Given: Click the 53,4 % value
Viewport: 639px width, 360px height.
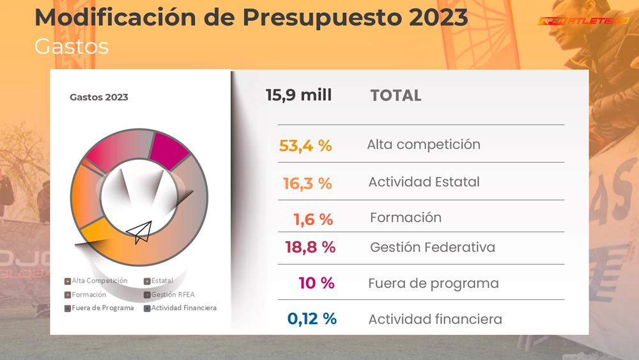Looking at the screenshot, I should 305,146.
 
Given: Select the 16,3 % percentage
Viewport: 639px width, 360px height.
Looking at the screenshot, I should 307,184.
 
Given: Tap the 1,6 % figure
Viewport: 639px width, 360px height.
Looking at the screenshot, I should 313,219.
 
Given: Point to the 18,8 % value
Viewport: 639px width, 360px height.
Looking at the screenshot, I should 310,247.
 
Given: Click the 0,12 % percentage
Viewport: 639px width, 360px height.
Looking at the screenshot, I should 312,318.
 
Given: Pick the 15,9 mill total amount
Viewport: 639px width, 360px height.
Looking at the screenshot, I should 298,95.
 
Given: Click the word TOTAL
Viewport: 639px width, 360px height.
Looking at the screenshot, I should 396,96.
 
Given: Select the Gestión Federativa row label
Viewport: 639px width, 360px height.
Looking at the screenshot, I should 432,247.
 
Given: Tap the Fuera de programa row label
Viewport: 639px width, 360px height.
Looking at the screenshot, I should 433,283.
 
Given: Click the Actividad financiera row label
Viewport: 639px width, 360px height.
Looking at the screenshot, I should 435,319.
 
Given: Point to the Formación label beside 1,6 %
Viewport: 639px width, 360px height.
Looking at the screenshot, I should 405,217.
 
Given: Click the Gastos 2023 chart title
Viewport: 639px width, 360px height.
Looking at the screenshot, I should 98,97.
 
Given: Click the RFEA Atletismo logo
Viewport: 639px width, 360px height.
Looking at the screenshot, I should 583,21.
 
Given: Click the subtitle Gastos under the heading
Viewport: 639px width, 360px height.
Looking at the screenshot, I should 72,47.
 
